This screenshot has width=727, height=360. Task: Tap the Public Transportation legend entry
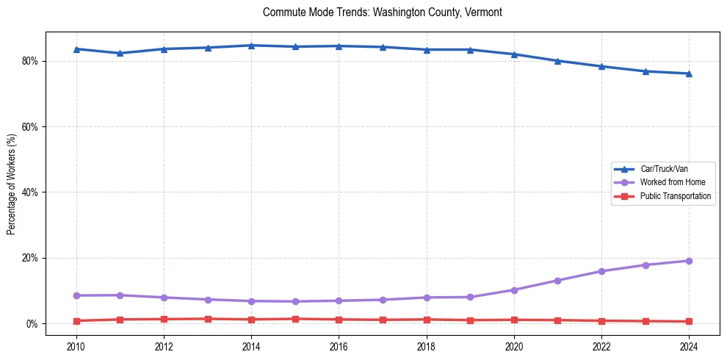point(675,196)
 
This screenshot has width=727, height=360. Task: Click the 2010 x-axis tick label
point(76,345)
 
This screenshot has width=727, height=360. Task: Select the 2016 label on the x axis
point(339,345)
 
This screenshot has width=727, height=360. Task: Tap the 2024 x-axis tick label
point(689,345)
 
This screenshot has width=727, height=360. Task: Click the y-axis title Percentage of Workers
point(12,184)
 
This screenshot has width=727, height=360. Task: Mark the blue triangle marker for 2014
point(251,46)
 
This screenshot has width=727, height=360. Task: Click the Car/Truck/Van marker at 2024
point(689,73)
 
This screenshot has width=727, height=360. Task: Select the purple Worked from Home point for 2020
point(514,290)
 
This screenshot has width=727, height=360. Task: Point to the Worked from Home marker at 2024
point(689,261)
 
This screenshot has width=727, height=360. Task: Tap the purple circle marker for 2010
point(76,295)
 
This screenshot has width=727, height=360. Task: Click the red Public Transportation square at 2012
point(164,319)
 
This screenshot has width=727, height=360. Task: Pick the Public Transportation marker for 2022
point(601,320)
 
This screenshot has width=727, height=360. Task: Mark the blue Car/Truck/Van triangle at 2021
point(557,61)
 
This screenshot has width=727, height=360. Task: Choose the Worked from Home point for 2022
point(601,271)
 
